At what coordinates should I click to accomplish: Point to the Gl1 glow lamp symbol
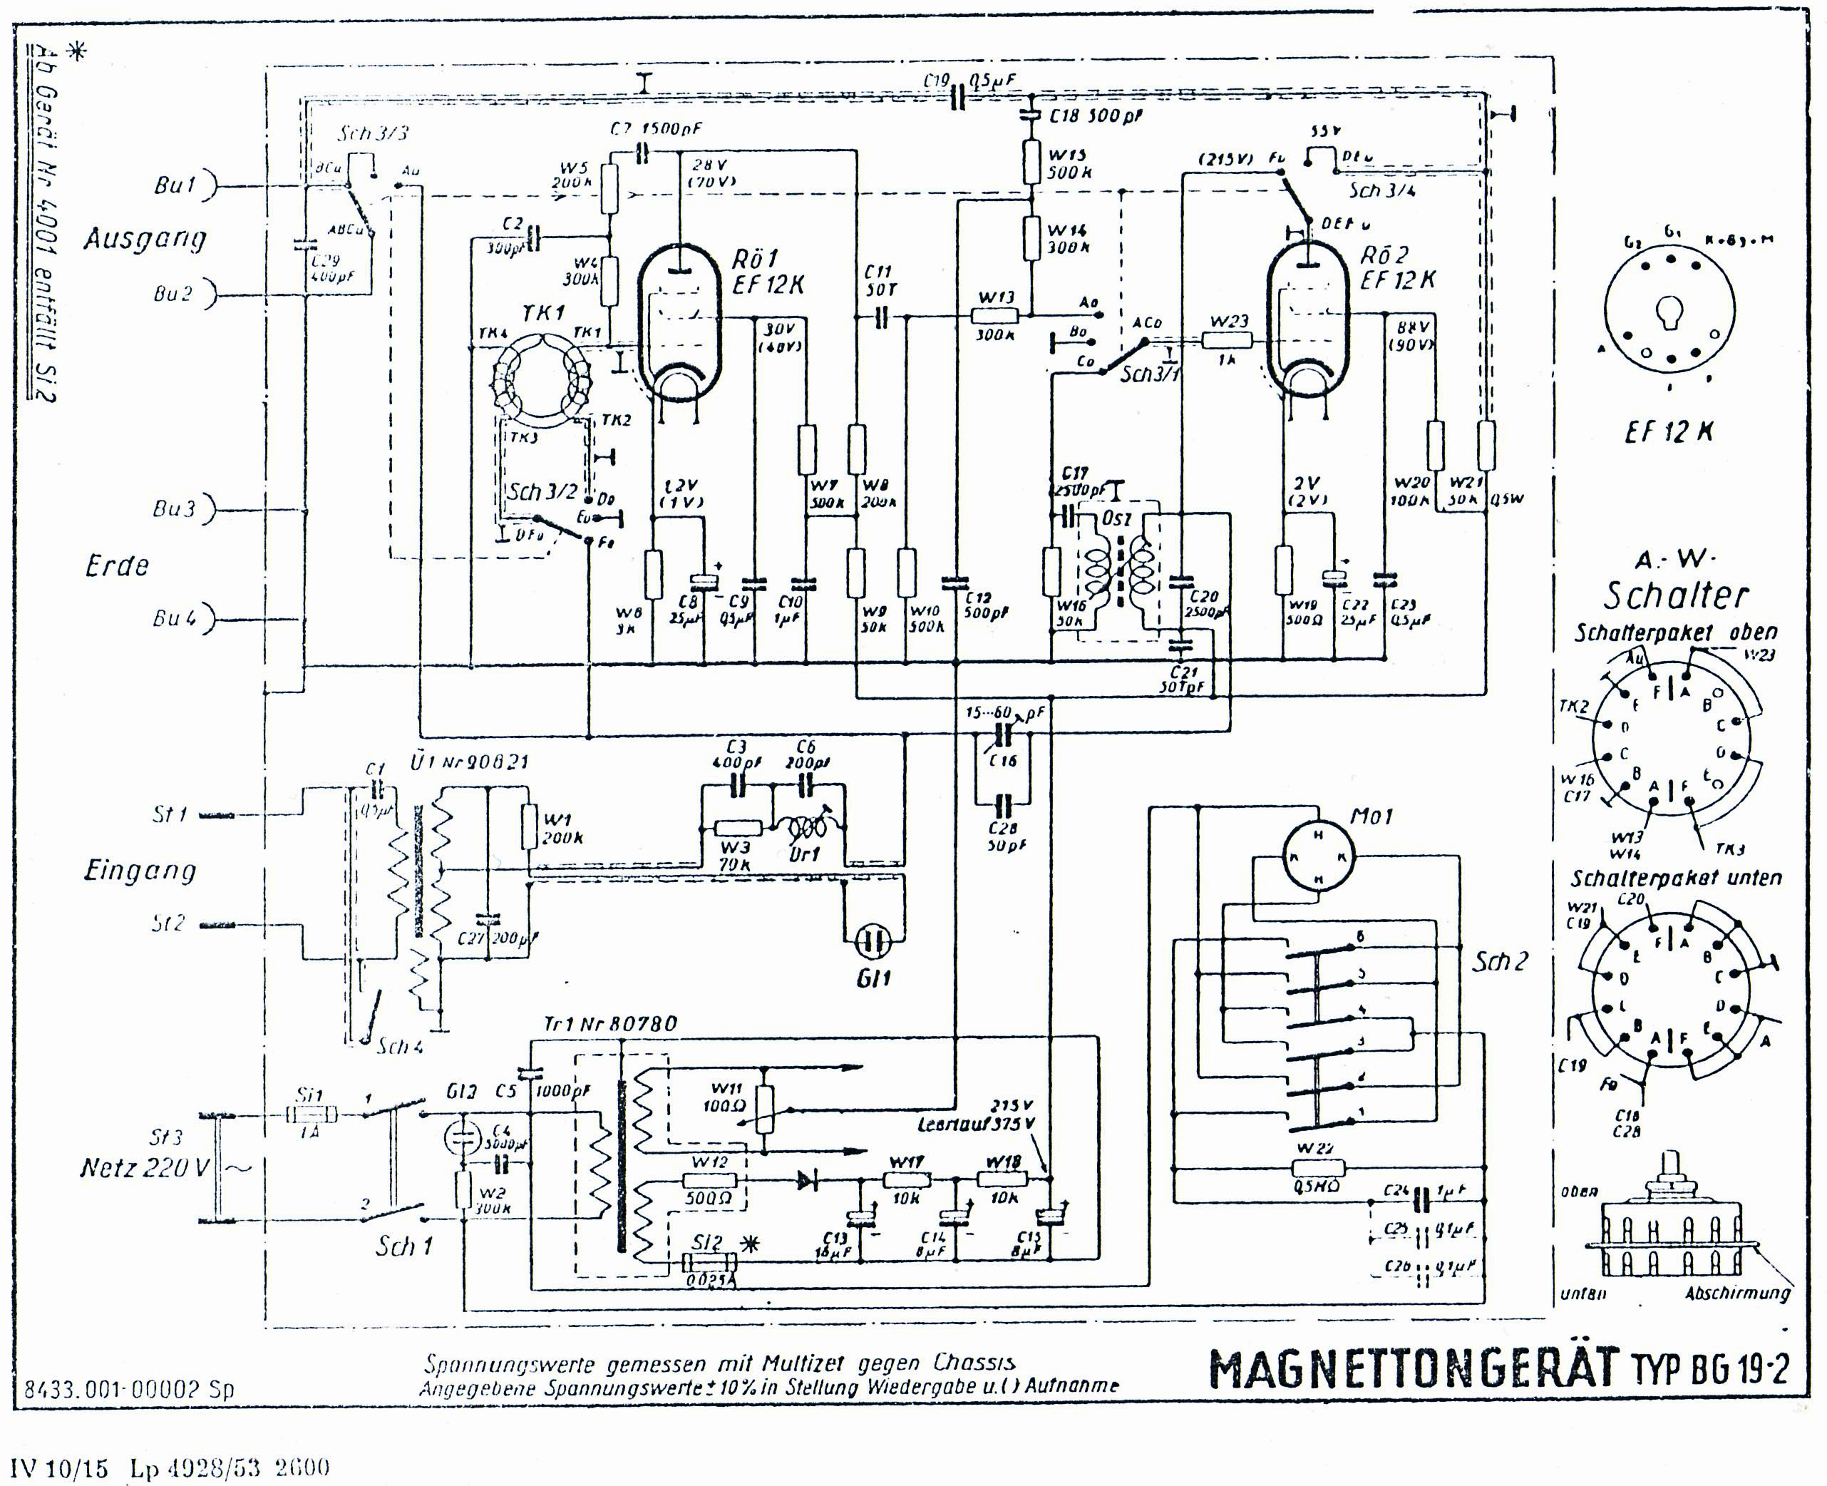point(872,943)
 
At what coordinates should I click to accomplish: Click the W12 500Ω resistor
point(709,1180)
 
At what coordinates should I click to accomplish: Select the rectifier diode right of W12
point(806,1180)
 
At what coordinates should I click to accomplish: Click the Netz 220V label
point(144,1167)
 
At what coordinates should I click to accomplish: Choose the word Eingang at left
point(140,871)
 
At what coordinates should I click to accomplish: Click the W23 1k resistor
point(1227,341)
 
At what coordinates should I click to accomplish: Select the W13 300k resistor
point(995,315)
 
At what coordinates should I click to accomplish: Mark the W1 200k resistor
point(530,825)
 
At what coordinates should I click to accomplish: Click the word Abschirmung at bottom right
point(1737,1293)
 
